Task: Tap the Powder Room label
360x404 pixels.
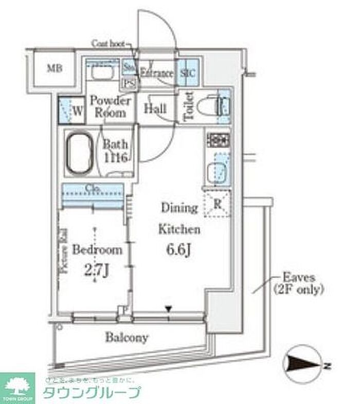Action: pyautogui.click(x=111, y=106)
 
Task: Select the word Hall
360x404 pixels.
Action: pyautogui.click(x=155, y=108)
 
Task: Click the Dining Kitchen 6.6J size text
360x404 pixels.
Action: pyautogui.click(x=178, y=251)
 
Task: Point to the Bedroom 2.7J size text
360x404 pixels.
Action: pyautogui.click(x=97, y=268)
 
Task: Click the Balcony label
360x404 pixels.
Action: pyautogui.click(x=127, y=338)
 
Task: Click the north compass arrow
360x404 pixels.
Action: pyautogui.click(x=303, y=365)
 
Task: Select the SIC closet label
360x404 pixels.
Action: pyautogui.click(x=187, y=73)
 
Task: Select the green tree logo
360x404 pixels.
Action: pyautogui.click(x=18, y=384)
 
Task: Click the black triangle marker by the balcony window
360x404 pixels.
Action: pyautogui.click(x=168, y=309)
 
